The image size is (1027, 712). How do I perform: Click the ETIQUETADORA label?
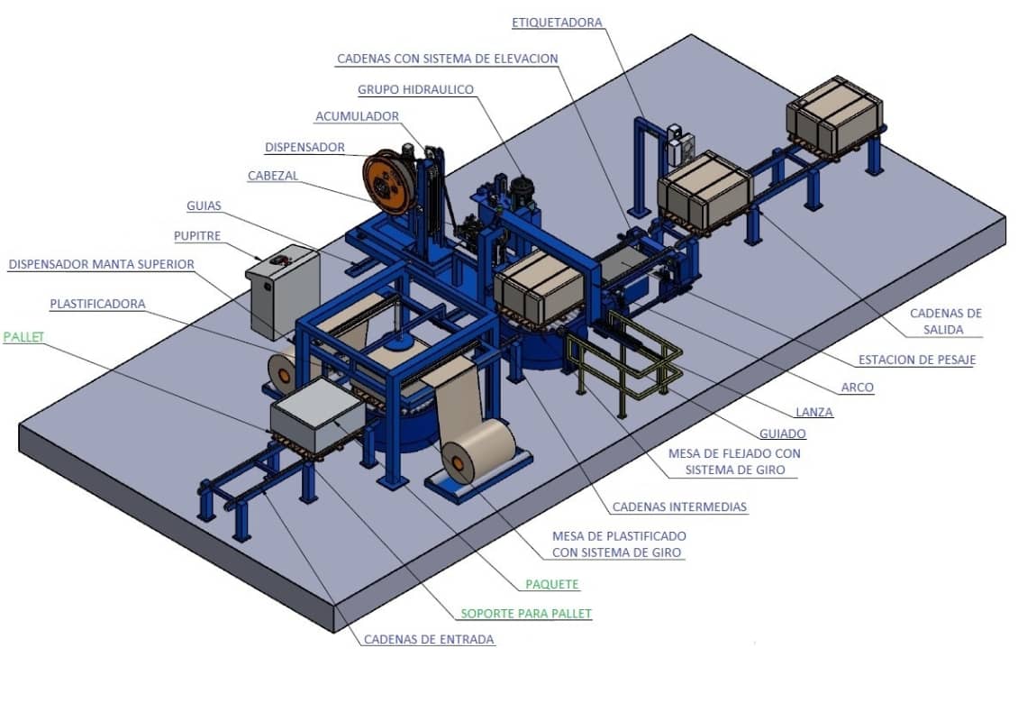tap(557, 23)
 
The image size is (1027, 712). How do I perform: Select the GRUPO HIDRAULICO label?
tap(415, 90)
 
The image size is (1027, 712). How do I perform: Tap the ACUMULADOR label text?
tap(357, 116)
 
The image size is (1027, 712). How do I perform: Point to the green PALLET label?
tap(23, 337)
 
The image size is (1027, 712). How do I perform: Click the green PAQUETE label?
tap(552, 584)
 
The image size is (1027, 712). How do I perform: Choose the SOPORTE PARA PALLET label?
tap(526, 614)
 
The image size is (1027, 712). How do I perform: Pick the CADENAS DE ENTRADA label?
tap(429, 640)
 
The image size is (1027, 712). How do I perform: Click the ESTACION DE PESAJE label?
tap(917, 361)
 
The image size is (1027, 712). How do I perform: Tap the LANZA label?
tap(814, 413)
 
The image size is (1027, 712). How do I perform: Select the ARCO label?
tap(858, 388)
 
